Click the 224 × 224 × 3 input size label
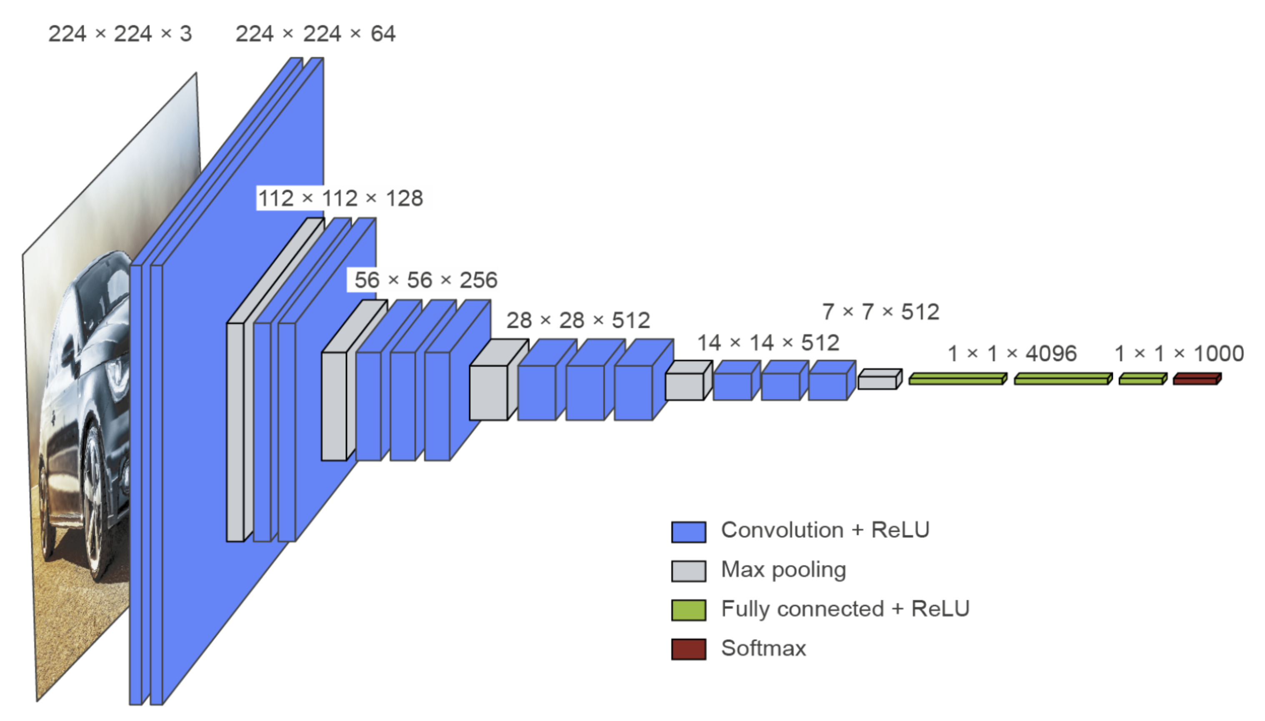coord(120,34)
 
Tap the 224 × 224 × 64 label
coord(315,34)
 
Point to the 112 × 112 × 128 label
coord(340,198)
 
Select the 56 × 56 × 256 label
coord(426,280)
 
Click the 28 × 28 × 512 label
coord(578,320)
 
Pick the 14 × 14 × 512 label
coord(768,343)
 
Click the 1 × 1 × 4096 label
coord(1012,353)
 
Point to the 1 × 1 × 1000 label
coord(1179,353)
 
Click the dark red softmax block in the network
coord(1197,379)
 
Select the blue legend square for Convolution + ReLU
coord(688,532)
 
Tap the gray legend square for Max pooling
coord(688,571)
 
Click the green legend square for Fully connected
coord(688,610)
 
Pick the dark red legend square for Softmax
coord(688,649)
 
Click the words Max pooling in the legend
coord(783,570)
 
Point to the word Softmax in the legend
coord(764,648)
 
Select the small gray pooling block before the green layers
coord(880,379)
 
